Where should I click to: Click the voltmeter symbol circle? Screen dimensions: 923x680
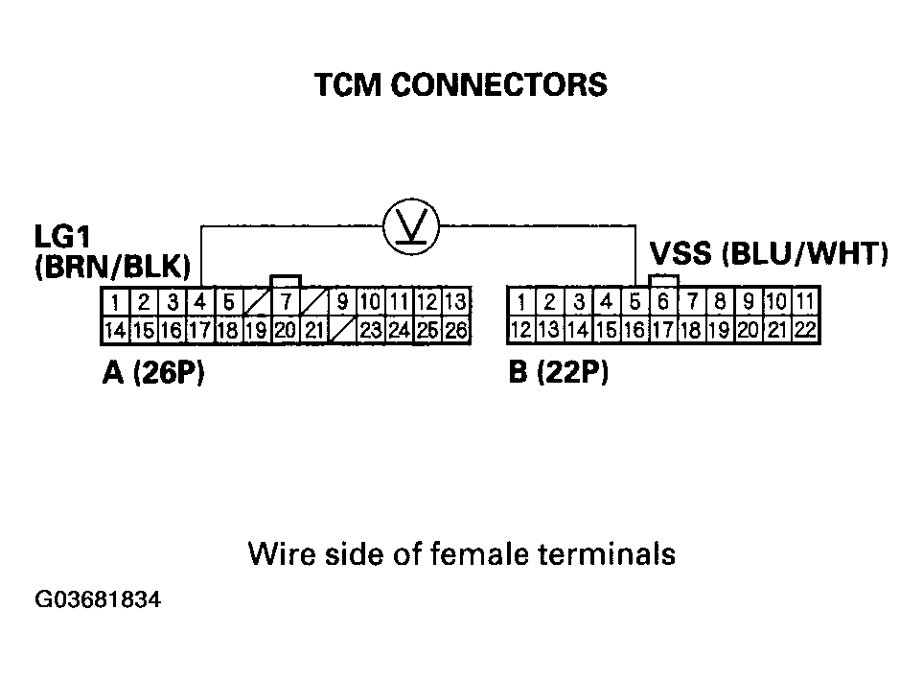coord(411,226)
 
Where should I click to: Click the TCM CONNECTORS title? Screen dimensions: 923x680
coord(461,84)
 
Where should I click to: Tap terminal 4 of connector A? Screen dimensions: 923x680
coord(200,302)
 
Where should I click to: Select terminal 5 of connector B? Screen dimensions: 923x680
coord(635,302)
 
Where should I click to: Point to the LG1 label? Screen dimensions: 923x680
coord(62,237)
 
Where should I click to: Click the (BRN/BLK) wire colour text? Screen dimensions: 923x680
coord(113,267)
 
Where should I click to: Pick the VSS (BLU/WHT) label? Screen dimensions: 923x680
coord(769,253)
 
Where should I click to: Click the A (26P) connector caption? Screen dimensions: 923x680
coord(153,372)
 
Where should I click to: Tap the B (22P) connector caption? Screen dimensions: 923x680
coord(558,372)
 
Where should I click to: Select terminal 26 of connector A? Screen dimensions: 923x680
coord(456,330)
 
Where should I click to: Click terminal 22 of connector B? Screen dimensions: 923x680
coord(805,330)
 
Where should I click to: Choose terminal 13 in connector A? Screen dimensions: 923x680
coord(456,302)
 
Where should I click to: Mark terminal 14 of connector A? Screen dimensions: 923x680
coord(115,330)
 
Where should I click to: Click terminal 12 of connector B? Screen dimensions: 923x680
coord(521,330)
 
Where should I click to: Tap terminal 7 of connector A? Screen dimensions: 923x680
coord(286,302)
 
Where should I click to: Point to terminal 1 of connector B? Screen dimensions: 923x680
coord(521,302)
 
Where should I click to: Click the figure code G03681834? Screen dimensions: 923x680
coord(98,599)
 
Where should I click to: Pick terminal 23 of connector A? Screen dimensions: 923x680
coord(371,330)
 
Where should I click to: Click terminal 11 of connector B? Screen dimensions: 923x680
coord(805,302)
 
